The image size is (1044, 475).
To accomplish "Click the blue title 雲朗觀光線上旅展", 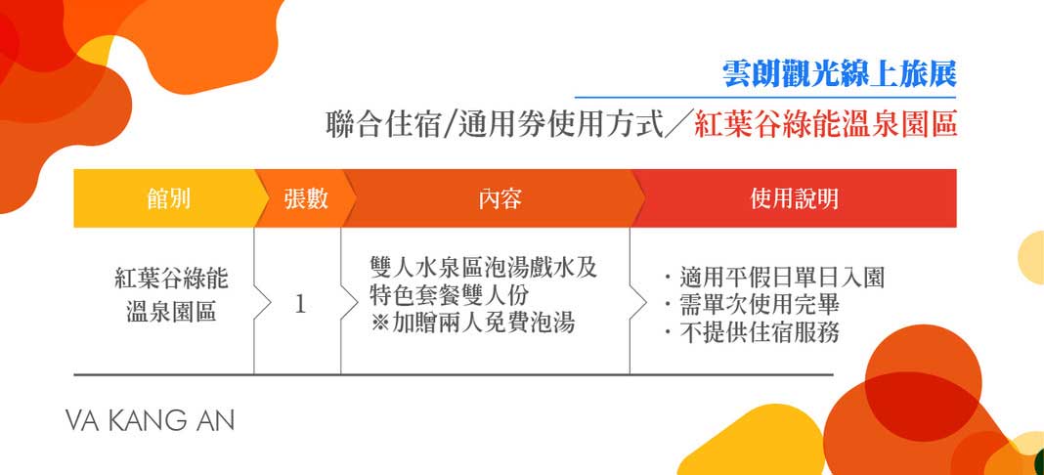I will [x=838, y=72].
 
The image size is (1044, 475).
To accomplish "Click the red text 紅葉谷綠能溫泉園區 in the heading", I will [x=826, y=125].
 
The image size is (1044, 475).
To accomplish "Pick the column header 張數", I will [x=305, y=198].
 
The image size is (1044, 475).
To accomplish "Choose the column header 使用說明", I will [x=794, y=198].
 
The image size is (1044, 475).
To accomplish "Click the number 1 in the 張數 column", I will [x=300, y=304].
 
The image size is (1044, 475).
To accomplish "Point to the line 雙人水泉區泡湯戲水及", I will [x=483, y=268].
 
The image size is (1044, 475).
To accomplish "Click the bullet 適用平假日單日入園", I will [x=773, y=278].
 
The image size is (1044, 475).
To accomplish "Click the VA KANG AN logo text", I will [x=150, y=421].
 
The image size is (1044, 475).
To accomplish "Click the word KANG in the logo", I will [x=150, y=421].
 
